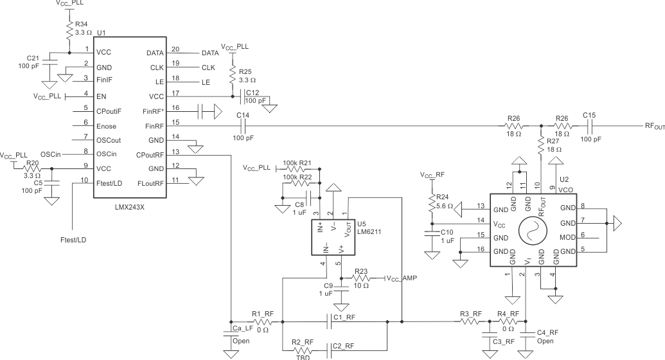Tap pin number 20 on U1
point(175,50)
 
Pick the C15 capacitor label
point(589,116)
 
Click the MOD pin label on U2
point(568,237)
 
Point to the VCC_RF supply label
point(431,174)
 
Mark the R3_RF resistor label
point(471,313)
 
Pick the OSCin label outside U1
point(50,154)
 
